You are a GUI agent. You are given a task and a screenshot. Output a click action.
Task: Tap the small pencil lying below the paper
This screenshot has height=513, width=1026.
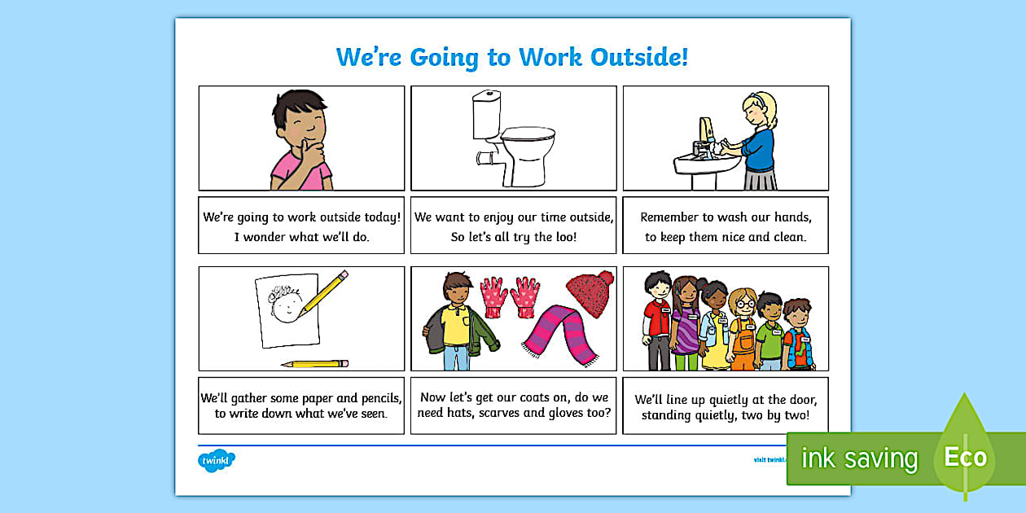tap(315, 363)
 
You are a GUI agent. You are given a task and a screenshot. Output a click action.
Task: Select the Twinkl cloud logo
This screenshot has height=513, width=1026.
tap(216, 461)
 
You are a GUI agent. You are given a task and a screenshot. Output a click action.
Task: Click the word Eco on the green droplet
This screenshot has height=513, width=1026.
tap(965, 457)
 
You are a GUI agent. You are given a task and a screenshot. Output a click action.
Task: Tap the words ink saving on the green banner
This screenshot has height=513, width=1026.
tap(859, 458)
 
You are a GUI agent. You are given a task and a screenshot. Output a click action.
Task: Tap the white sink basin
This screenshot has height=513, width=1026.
tap(703, 164)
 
